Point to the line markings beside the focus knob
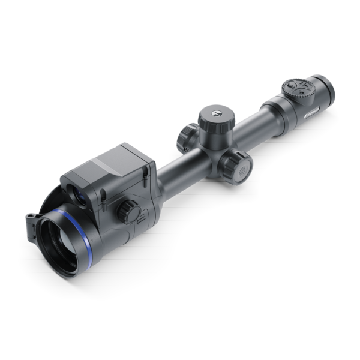140,215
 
